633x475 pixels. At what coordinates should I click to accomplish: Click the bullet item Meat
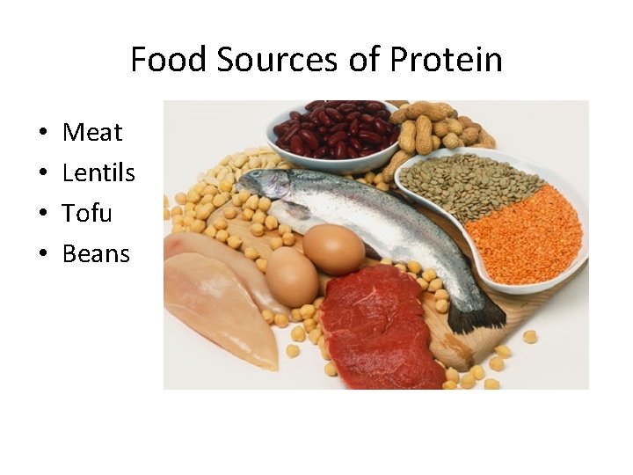pos(92,133)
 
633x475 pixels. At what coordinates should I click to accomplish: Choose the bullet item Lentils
pos(98,173)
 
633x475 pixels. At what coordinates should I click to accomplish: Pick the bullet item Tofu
pos(87,214)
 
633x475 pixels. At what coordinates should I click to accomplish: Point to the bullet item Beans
pos(96,254)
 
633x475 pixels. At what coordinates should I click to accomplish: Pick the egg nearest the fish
pos(333,249)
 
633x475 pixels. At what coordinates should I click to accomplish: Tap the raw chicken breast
pos(220,303)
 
